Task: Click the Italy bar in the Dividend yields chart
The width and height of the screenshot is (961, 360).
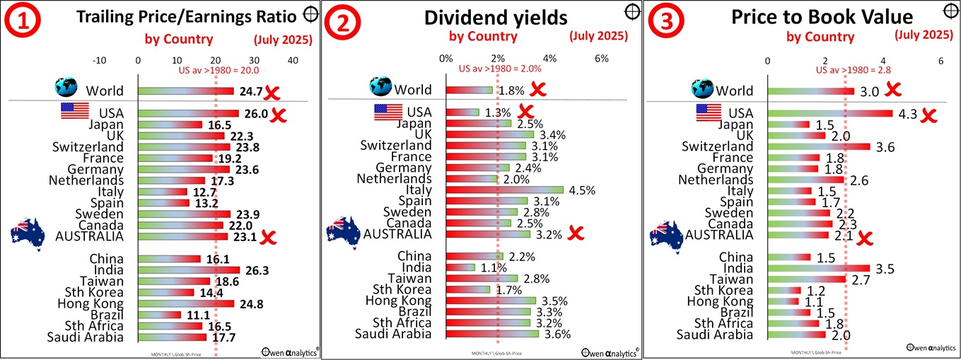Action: [x=504, y=190]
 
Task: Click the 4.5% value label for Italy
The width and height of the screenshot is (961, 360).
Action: [x=582, y=190]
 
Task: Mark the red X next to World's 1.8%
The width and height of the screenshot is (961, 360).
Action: [x=538, y=90]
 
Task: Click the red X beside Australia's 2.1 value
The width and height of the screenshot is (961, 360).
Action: [x=864, y=238]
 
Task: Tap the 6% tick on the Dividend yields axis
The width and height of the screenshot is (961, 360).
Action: [x=602, y=58]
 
